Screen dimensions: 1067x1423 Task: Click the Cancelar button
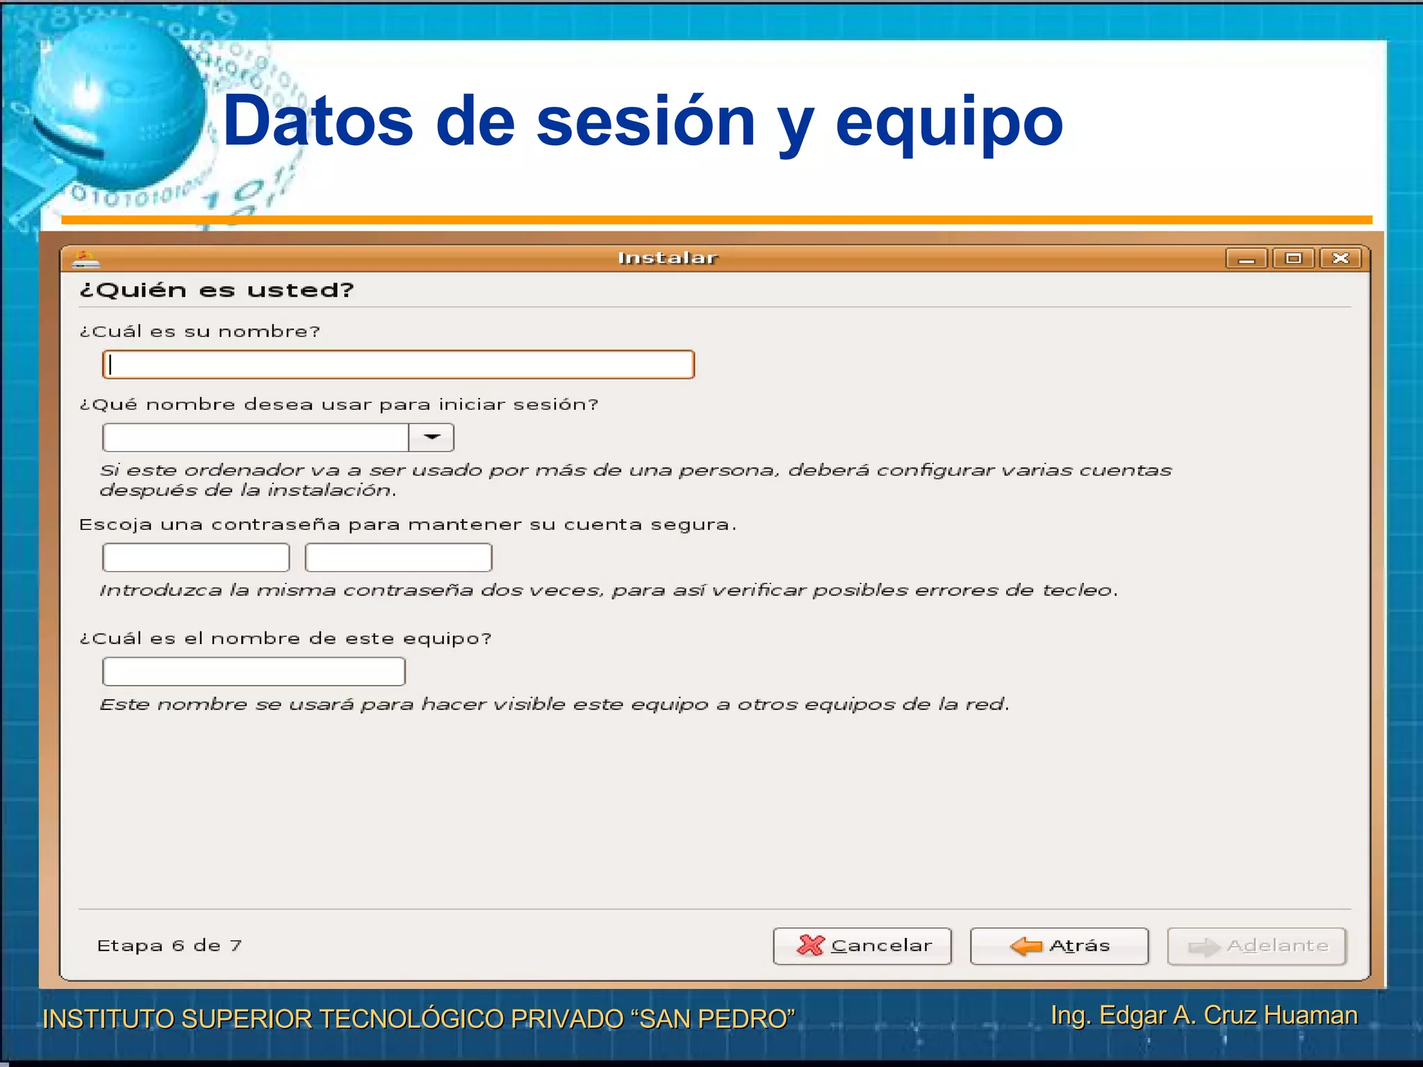pyautogui.click(x=862, y=945)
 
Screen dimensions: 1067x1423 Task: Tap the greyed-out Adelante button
pyautogui.click(x=1257, y=945)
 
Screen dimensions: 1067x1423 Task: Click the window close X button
pyautogui.click(x=1340, y=258)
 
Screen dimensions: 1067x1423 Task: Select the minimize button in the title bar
pyautogui.click(x=1247, y=258)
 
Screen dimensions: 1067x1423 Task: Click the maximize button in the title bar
pyautogui.click(x=1293, y=258)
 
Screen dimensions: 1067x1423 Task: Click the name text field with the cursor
pyautogui.click(x=398, y=365)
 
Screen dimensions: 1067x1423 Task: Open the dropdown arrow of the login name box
pyautogui.click(x=431, y=438)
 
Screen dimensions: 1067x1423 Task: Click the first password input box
pyautogui.click(x=196, y=557)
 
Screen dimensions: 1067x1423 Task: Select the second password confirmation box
pyautogui.click(x=398, y=557)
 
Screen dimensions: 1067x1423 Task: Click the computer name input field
pyautogui.click(x=254, y=672)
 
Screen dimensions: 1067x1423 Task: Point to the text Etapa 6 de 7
pyautogui.click(x=170, y=945)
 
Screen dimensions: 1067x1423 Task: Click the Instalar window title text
pyautogui.click(x=668, y=258)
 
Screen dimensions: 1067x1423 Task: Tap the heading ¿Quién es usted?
pyautogui.click(x=217, y=290)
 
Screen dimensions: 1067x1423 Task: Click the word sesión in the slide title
pyautogui.click(x=645, y=122)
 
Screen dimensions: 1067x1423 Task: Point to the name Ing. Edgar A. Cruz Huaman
pyautogui.click(x=1204, y=1015)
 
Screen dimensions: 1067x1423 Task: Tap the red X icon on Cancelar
pyautogui.click(x=810, y=945)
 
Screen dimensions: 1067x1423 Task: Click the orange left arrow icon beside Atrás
pyautogui.click(x=1026, y=945)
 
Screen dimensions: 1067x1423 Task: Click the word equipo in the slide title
pyautogui.click(x=949, y=122)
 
